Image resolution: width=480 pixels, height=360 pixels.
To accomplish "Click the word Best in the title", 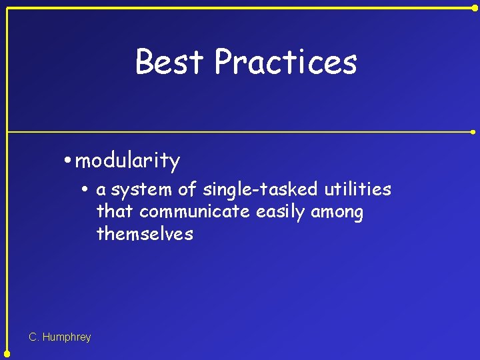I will pos(169,62).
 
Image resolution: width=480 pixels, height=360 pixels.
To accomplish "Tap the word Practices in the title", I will pos(285,62).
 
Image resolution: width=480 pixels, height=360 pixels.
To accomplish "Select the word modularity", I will pos(128,161).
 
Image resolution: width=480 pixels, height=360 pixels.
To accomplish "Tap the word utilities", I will pos(357,190).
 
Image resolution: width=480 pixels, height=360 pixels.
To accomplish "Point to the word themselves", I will pos(145,234).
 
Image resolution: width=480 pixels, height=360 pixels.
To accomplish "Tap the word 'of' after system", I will pos(187,190).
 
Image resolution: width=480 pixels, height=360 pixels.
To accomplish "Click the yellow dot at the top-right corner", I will pos(474,8).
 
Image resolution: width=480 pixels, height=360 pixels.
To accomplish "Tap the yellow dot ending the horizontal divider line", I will pos(474,132).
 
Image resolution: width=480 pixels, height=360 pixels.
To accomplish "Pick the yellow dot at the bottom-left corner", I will pos(7,353).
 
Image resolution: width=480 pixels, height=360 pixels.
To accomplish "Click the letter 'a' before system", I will pos(101,191).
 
